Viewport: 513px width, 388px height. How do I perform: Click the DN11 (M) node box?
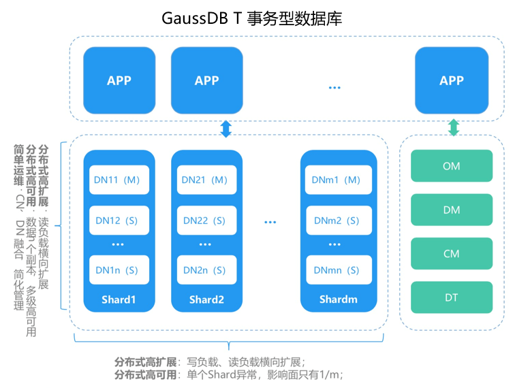click(118, 180)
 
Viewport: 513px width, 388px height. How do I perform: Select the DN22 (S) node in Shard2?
click(205, 221)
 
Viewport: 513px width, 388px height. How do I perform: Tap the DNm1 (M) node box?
click(338, 180)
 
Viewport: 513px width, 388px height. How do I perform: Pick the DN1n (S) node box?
click(118, 270)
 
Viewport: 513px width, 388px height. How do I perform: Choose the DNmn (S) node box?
click(338, 270)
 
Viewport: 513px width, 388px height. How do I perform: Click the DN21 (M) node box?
click(205, 180)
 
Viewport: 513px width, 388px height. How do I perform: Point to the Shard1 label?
click(119, 300)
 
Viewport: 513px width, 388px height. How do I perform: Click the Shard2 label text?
click(206, 300)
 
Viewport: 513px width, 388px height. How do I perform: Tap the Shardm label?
click(338, 300)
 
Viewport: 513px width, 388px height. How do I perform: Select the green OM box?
click(451, 166)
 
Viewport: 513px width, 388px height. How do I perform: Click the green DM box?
click(451, 210)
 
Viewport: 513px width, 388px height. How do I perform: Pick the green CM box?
click(451, 254)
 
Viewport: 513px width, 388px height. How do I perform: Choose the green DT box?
click(451, 297)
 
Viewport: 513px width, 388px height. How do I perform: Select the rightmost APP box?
click(451, 80)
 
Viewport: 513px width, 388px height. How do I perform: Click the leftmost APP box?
click(119, 80)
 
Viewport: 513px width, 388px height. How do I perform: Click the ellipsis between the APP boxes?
click(334, 86)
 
